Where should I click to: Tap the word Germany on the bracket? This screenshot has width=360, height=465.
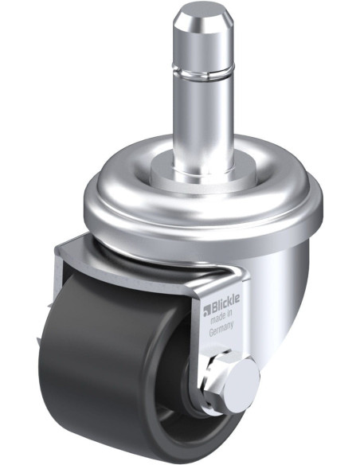pos(221,329)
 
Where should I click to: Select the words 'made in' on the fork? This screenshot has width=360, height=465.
pos(221,318)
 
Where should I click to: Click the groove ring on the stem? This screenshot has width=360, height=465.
pos(204,74)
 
